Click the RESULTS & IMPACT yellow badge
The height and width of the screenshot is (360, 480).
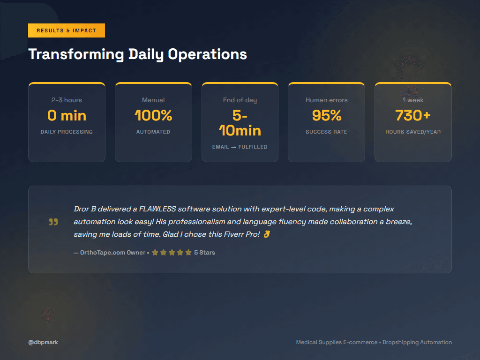coord(66,30)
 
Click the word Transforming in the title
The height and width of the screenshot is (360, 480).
coord(76,54)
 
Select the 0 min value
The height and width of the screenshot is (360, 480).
coord(67,115)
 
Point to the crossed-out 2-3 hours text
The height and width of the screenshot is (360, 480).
coord(67,100)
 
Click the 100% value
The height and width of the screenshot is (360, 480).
coord(153,115)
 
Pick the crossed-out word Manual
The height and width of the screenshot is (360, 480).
coord(153,100)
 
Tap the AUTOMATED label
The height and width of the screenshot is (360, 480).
coord(153,132)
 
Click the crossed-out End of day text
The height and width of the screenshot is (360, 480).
coord(240,100)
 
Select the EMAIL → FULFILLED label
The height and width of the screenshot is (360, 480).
coord(240,147)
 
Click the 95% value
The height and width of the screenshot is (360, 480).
coord(326,115)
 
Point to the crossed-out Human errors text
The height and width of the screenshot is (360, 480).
coord(326,100)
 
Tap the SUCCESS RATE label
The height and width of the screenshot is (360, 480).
coord(326,132)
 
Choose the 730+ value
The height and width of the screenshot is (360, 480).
coord(413,115)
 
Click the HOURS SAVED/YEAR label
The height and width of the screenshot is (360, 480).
coord(413,132)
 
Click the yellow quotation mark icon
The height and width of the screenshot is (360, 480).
coord(53,222)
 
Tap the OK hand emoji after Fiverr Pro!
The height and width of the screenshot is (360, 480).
coord(267,234)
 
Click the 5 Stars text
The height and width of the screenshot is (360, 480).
coord(204,253)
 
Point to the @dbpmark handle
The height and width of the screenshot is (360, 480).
coord(43,342)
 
